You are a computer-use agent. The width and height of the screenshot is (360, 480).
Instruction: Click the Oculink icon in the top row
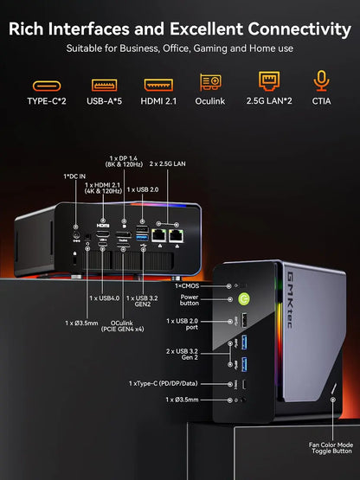(x=210, y=85)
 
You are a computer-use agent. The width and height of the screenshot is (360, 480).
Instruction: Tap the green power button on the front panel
(x=245, y=299)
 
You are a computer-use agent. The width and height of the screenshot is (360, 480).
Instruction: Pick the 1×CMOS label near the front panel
(x=190, y=285)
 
